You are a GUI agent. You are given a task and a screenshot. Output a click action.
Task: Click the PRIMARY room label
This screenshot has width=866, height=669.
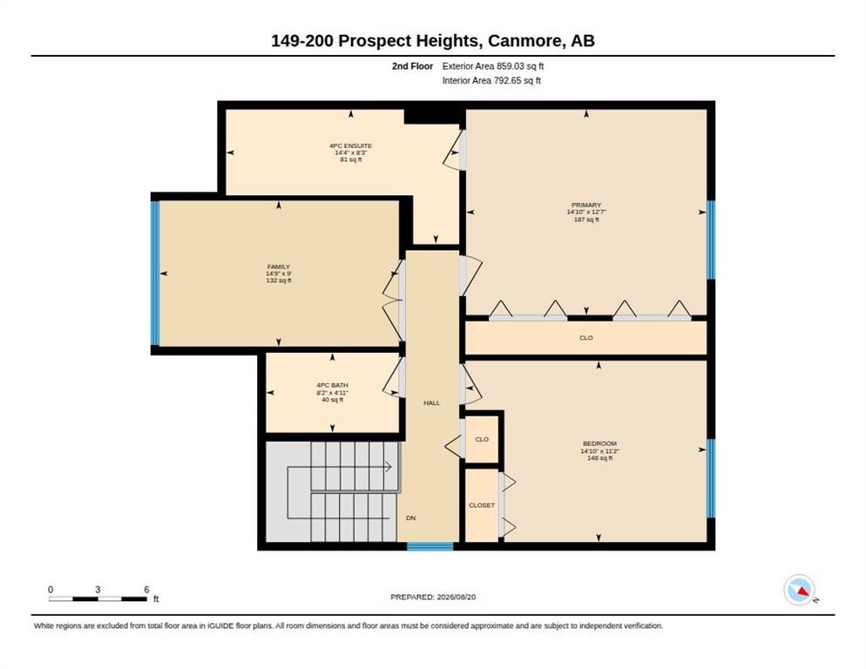[x=586, y=205]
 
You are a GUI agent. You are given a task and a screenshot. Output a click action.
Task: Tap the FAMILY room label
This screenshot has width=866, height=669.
[x=279, y=267]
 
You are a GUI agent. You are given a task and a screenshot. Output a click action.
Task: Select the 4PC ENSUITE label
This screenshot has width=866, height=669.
[x=351, y=145]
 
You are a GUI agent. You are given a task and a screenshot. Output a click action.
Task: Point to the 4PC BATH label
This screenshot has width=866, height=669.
[x=333, y=385]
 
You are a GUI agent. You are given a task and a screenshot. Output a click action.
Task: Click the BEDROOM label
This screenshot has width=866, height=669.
[x=599, y=443]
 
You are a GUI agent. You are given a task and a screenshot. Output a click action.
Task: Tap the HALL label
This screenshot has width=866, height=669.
[x=432, y=403]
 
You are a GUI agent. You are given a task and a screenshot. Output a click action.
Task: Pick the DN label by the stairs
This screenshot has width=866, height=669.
[x=411, y=518]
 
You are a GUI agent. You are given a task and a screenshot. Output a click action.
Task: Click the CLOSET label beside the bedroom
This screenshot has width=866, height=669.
[x=482, y=505]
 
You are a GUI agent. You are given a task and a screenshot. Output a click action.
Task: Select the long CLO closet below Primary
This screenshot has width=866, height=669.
[x=586, y=337]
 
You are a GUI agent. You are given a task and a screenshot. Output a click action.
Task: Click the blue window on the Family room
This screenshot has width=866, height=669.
[x=155, y=274]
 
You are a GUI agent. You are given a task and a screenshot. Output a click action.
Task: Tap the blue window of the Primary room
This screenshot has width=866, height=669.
[x=711, y=240]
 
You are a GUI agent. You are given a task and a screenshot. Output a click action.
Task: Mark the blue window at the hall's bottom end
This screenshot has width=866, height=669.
[x=430, y=546]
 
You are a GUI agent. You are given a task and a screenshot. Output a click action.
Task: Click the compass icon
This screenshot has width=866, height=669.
[x=800, y=590]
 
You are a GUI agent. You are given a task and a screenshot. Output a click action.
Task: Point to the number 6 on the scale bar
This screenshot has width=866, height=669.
[x=146, y=590]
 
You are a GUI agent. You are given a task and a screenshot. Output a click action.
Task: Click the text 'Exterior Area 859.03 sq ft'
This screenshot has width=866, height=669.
[x=493, y=66]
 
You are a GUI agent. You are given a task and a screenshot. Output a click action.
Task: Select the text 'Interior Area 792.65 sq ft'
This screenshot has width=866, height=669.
[x=491, y=81]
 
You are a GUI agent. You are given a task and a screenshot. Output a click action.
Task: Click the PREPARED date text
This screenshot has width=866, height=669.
[x=433, y=598]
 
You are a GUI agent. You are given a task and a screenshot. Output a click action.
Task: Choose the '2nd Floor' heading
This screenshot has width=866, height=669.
[x=413, y=66]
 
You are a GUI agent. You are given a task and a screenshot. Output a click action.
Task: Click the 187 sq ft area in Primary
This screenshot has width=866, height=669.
[x=586, y=220]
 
